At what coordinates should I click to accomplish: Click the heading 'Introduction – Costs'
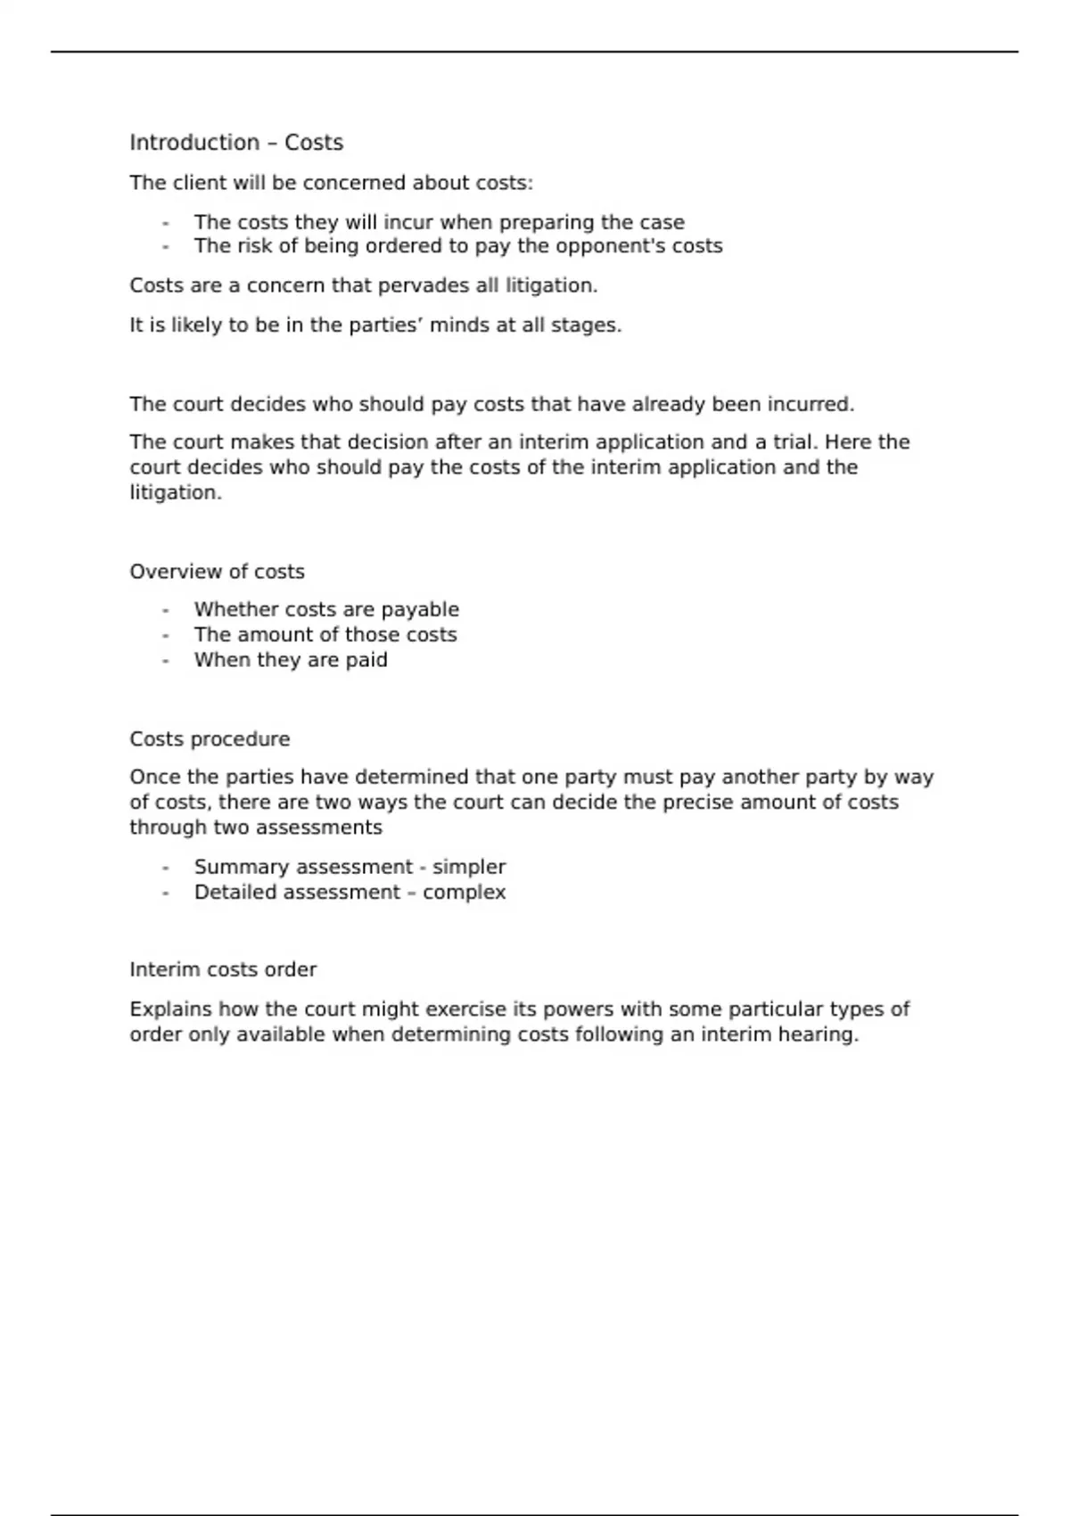236,143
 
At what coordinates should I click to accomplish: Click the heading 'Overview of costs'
217,572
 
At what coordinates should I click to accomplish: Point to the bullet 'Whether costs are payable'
326,610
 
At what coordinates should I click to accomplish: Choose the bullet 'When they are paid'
291,660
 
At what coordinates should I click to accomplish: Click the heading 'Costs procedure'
210,739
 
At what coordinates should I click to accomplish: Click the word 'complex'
465,893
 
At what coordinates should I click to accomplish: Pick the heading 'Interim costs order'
223,969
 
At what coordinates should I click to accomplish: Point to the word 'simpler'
469,867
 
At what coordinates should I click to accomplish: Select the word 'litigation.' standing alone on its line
176,492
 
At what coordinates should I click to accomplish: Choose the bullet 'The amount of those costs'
325,635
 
